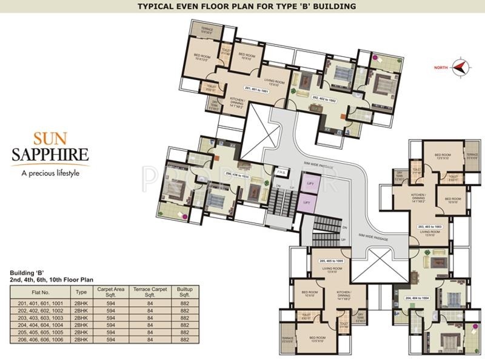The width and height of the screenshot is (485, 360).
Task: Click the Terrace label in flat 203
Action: coord(472,155)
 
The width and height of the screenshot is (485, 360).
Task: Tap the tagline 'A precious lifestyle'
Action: coord(50,173)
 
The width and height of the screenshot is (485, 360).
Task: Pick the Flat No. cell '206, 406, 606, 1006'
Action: coord(41,340)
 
